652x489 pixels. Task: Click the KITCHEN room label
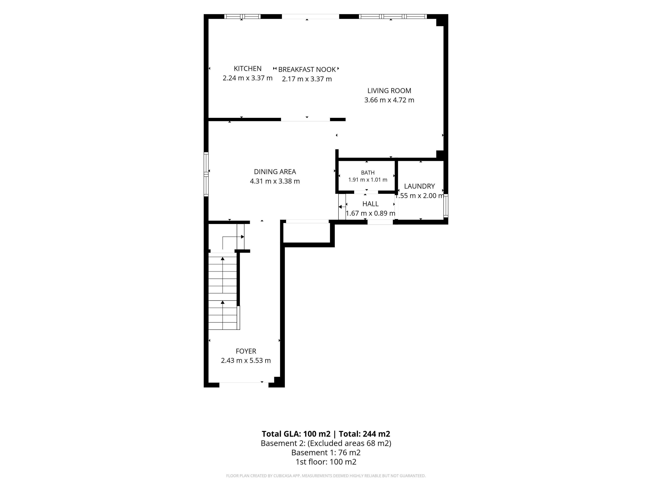point(248,69)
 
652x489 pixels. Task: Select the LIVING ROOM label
point(389,91)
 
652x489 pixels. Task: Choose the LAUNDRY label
point(419,186)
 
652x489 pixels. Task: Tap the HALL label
point(370,204)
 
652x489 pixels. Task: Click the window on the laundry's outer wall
point(446,206)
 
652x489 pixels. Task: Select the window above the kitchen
point(242,16)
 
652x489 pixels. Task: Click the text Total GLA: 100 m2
point(296,434)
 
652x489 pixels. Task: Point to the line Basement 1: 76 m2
point(326,452)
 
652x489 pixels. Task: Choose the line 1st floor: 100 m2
point(326,462)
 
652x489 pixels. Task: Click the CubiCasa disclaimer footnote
point(326,476)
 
